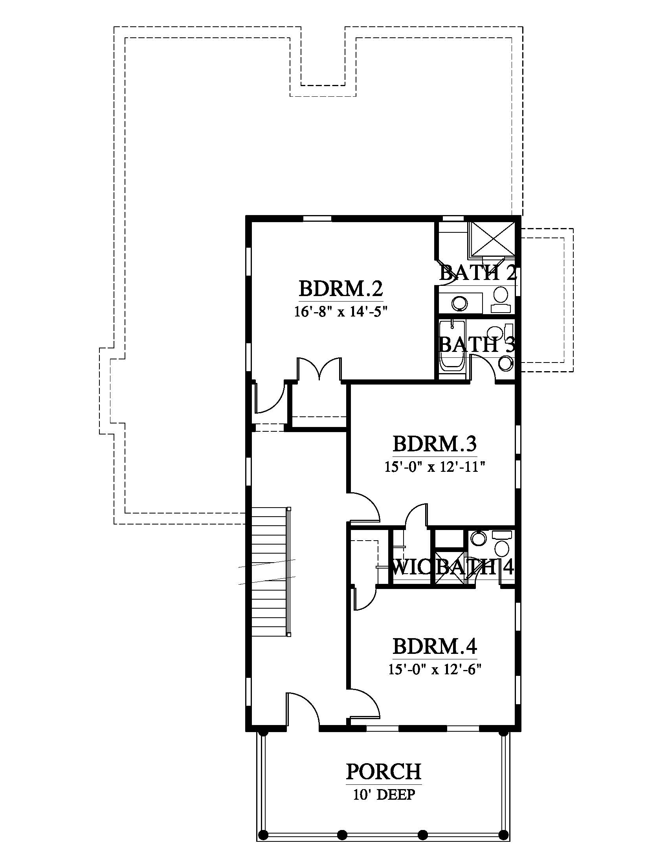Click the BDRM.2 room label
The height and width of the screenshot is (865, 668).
pyautogui.click(x=341, y=288)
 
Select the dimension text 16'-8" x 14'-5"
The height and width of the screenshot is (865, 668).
pyautogui.click(x=340, y=312)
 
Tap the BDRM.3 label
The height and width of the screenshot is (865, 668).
pyautogui.click(x=435, y=444)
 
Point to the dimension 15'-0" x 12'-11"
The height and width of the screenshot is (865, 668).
pyautogui.click(x=435, y=467)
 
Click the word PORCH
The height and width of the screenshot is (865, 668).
pyautogui.click(x=384, y=771)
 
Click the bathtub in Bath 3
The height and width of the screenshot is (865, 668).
pyautogui.click(x=452, y=346)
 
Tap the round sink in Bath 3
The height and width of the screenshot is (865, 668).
pyautogui.click(x=505, y=364)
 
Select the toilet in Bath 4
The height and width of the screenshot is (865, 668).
pyautogui.click(x=502, y=544)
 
